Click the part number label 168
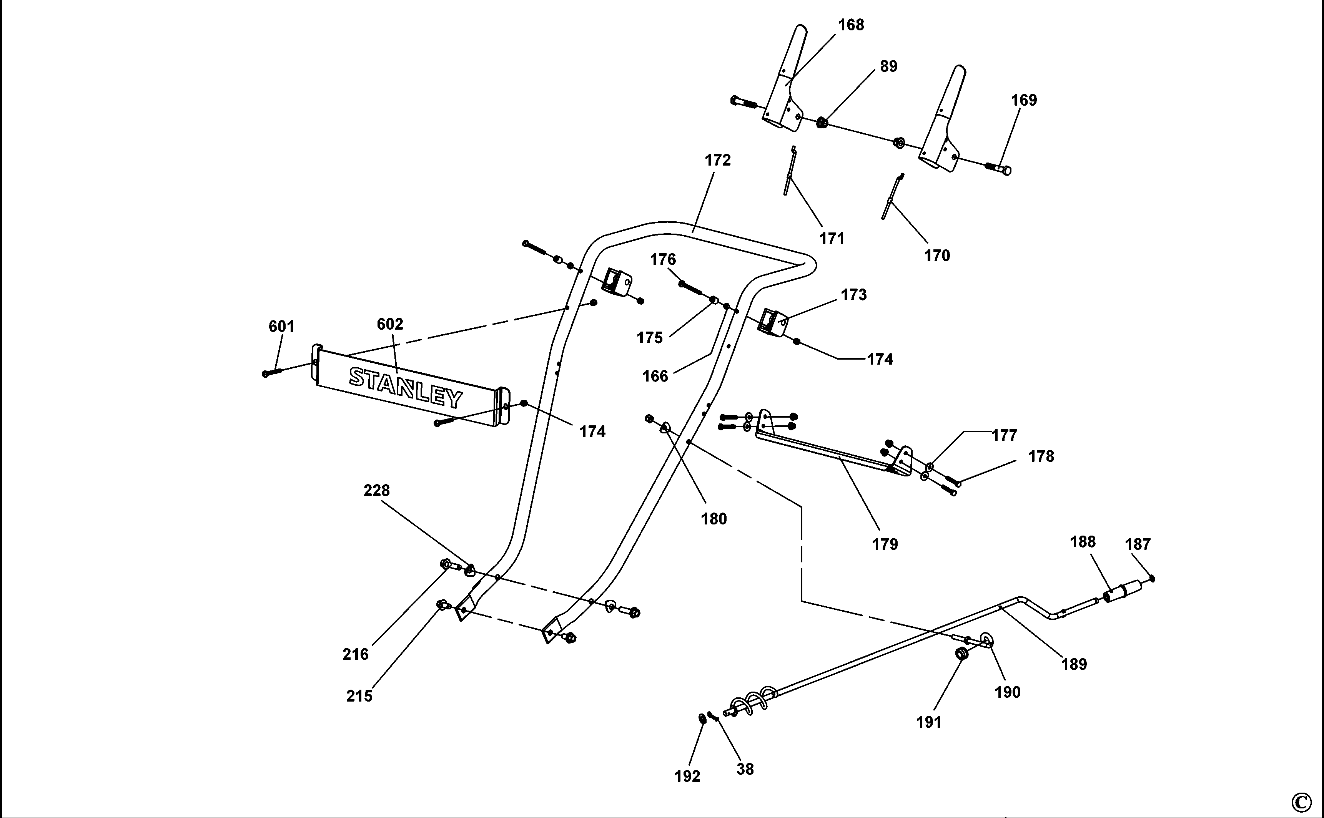[x=851, y=25]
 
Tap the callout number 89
[x=889, y=66]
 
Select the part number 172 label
[x=718, y=160]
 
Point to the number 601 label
[x=281, y=326]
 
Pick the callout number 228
[x=377, y=490]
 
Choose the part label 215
[x=359, y=696]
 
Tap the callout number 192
[x=687, y=777]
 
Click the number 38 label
[x=745, y=769]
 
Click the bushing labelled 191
[x=961, y=654]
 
